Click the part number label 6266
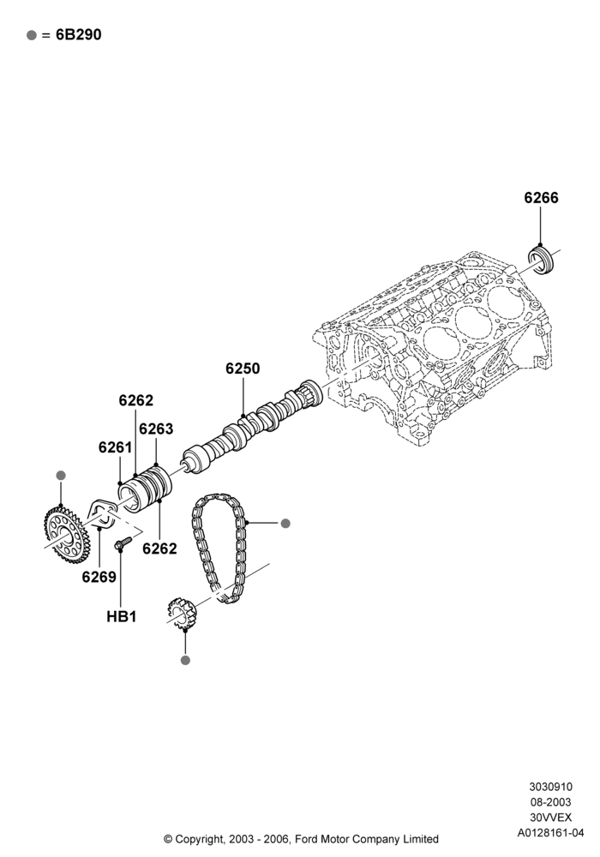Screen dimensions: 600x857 [541, 198]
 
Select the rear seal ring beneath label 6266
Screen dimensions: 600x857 [542, 261]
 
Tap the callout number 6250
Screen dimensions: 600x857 [243, 369]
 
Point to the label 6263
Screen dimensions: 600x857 [156, 429]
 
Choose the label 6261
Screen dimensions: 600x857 [116, 447]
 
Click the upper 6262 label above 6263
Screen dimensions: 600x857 [136, 400]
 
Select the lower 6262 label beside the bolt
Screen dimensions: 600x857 [159, 548]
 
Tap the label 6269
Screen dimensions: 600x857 [99, 577]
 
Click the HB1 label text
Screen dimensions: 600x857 [122, 616]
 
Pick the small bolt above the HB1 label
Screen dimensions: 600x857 [123, 542]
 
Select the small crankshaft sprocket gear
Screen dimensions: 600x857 [181, 614]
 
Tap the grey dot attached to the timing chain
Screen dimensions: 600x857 [285, 523]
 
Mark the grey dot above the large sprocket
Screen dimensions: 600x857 [61, 476]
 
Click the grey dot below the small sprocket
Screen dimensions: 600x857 [185, 660]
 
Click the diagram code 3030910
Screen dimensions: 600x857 [550, 787]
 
